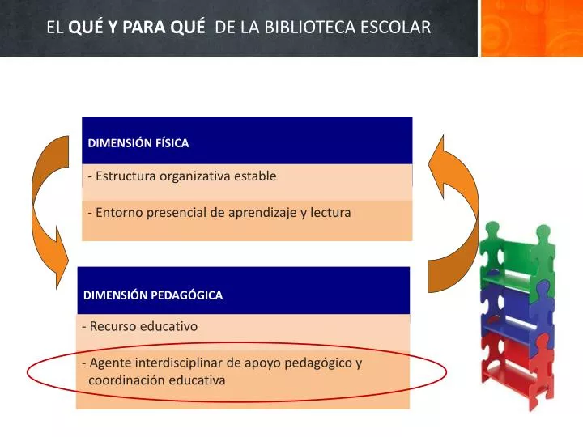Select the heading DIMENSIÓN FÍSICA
point(138,143)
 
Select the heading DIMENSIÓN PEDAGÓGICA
point(153,295)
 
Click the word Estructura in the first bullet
point(126,176)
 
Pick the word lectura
point(330,213)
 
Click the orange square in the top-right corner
point(531,28)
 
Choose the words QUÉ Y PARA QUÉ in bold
point(137,27)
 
